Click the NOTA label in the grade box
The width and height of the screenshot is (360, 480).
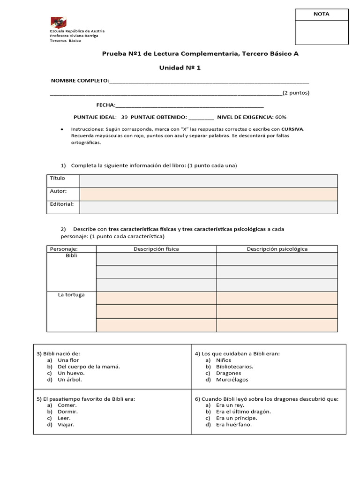click(x=321, y=14)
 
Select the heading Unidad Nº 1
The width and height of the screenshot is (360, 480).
click(x=180, y=68)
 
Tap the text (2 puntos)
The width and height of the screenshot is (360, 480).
click(x=296, y=93)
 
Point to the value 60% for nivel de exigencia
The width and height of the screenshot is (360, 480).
click(x=281, y=117)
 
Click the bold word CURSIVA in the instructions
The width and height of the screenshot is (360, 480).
click(x=292, y=129)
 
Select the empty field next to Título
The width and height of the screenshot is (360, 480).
click(x=209, y=181)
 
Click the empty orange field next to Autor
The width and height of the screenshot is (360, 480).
click(x=209, y=194)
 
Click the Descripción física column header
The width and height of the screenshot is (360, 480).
click(x=156, y=249)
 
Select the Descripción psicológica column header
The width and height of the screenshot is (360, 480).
click(x=277, y=249)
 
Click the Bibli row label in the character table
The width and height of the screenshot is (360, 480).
click(x=72, y=256)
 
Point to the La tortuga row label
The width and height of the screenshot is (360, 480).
click(x=72, y=295)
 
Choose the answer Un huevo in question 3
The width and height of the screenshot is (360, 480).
click(x=71, y=373)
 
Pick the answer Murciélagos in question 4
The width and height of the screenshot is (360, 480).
click(x=232, y=380)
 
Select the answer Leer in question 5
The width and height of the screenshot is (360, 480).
click(x=64, y=418)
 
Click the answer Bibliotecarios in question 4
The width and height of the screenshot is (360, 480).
click(x=234, y=367)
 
